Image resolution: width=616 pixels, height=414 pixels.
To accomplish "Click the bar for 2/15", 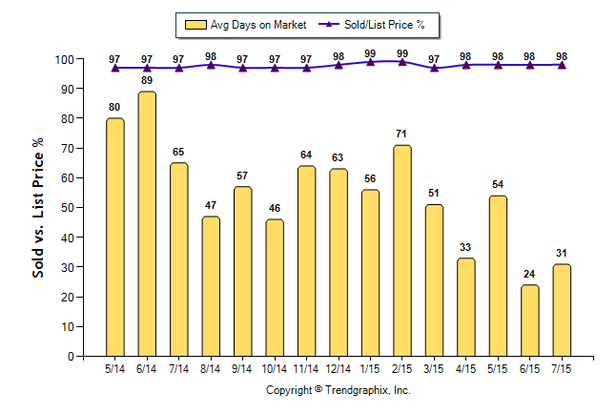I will point(402,250).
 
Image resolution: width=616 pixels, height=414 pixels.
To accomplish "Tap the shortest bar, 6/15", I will point(530,321).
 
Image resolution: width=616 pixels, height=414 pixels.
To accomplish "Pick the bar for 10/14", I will point(275,287).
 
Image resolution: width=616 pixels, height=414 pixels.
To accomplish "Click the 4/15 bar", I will point(466,307).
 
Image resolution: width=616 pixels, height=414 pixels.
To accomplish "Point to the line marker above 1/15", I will point(371,62).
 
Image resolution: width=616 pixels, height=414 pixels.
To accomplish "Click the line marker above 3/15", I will point(435,68).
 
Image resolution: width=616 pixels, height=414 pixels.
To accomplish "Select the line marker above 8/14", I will point(211,65).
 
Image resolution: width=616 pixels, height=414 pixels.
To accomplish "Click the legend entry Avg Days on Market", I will point(240,24).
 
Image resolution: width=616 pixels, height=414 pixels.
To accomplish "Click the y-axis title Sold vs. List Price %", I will point(38,208).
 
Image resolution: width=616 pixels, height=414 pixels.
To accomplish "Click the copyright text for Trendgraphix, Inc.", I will point(338,390).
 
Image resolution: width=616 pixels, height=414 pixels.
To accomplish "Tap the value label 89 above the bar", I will point(147,80).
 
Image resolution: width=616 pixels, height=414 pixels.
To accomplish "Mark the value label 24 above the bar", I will point(530,274).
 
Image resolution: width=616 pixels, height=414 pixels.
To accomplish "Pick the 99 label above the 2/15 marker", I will point(402,53).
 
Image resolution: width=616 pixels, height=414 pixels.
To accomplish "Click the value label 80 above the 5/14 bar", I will point(115,107).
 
